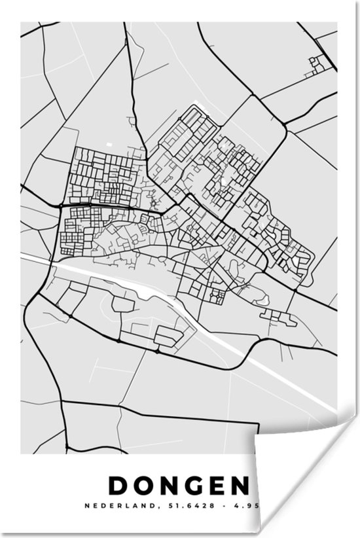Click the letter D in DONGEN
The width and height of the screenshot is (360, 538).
pos(118,486)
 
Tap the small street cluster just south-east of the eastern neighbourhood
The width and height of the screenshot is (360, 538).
pos(279,315)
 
